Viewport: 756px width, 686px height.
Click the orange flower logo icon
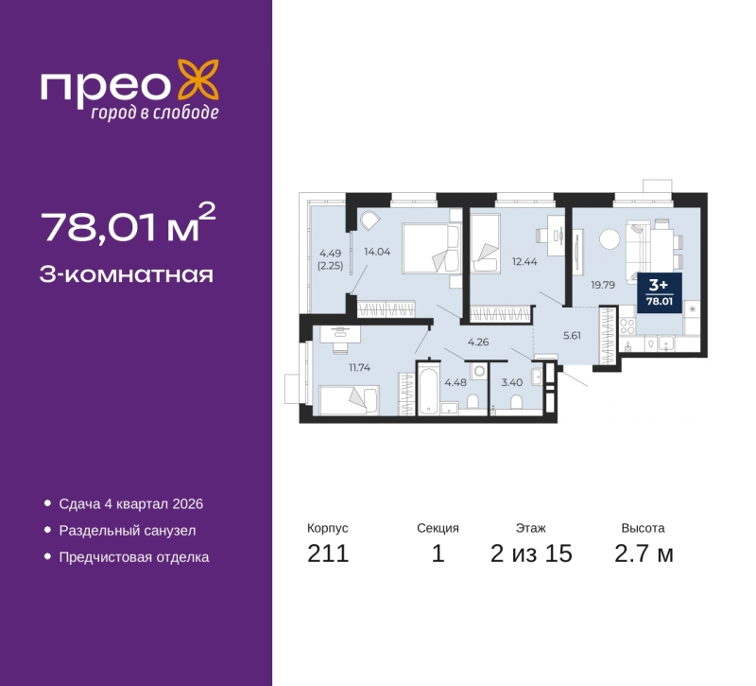(198, 79)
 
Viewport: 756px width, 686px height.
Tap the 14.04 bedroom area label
(377, 252)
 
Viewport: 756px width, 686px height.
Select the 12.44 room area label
(524, 262)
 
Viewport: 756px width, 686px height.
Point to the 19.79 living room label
(603, 285)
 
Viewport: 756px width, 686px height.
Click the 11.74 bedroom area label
(360, 367)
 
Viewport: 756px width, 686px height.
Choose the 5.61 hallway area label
(573, 336)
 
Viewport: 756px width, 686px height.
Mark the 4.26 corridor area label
(478, 342)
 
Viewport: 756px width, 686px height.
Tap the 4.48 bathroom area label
(455, 382)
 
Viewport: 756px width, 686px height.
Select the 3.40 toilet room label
(512, 382)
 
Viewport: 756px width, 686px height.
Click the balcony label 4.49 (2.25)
(330, 259)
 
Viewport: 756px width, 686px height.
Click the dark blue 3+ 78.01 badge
(660, 293)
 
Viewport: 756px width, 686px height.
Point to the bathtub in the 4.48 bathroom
(429, 392)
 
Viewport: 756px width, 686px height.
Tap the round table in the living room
(610, 239)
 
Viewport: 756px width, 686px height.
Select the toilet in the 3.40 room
(516, 402)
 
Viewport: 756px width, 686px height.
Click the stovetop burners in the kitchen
(627, 325)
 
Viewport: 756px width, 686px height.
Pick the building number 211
(328, 554)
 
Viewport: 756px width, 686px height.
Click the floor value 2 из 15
(531, 554)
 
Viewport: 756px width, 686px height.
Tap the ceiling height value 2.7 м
(644, 554)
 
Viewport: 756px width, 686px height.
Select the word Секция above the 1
(438, 528)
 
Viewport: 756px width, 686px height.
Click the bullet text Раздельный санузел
(128, 531)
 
